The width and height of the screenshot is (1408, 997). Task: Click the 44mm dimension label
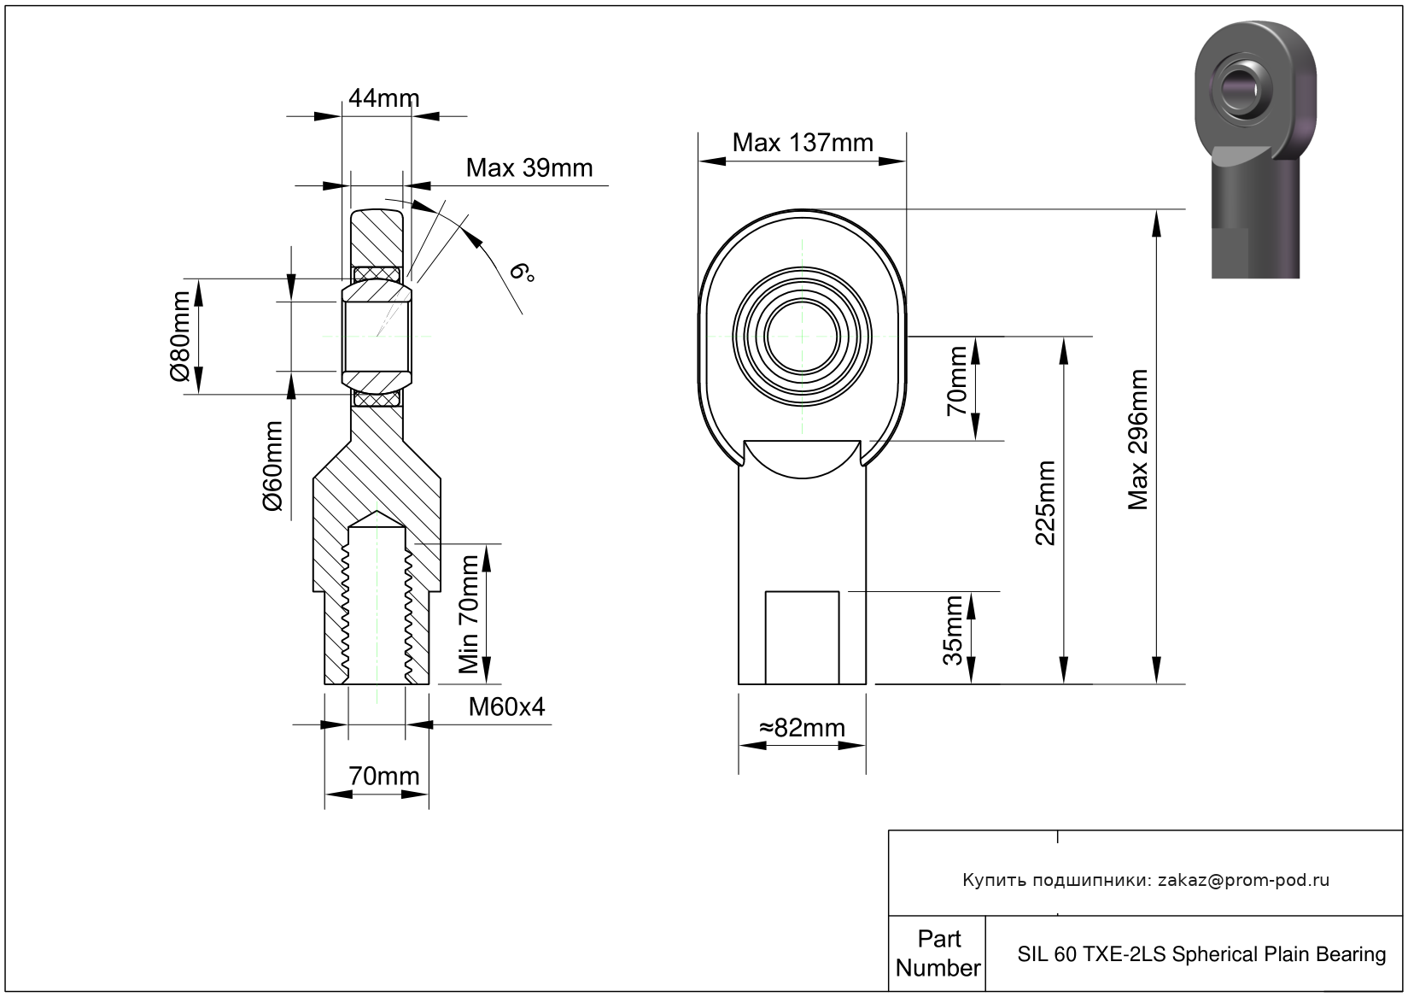click(383, 98)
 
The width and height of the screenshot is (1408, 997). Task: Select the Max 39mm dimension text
click(529, 168)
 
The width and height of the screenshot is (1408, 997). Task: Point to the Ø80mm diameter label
click(180, 336)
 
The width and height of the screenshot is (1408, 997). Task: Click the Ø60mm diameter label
click(272, 466)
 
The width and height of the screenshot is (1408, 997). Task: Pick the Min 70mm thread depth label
click(469, 614)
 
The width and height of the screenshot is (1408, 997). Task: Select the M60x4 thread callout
click(506, 707)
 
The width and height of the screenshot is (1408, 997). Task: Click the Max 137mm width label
click(803, 143)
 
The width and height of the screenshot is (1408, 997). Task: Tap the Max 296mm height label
click(1137, 440)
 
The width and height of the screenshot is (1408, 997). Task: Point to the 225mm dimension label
click(1044, 503)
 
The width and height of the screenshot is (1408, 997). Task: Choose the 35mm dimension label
click(953, 630)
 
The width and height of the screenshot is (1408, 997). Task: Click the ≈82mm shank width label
click(802, 728)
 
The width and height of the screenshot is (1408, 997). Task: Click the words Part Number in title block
click(938, 953)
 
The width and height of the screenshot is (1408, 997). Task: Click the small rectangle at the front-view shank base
click(802, 637)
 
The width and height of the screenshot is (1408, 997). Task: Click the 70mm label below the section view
click(383, 777)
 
